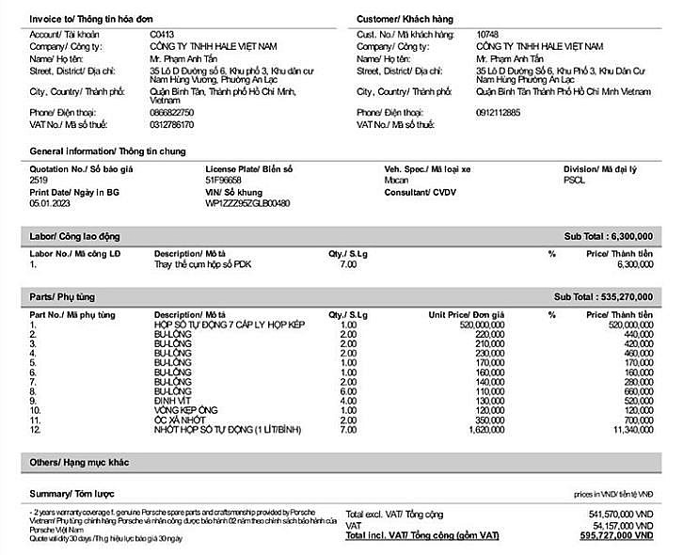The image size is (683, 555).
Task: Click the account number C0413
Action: [162, 34]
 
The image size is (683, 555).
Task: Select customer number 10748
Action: [488, 34]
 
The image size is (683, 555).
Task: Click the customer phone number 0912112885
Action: [498, 113]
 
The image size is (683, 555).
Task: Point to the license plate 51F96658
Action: [223, 180]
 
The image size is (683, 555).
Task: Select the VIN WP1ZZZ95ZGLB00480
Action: [247, 203]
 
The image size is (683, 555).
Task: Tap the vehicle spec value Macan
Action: [397, 180]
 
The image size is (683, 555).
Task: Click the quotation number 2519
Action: [39, 180]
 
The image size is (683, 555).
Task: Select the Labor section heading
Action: [74, 236]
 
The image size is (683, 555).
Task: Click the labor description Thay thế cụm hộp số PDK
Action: [202, 264]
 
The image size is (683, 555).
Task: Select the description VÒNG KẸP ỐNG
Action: [185, 410]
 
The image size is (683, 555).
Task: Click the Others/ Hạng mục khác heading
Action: [79, 462]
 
